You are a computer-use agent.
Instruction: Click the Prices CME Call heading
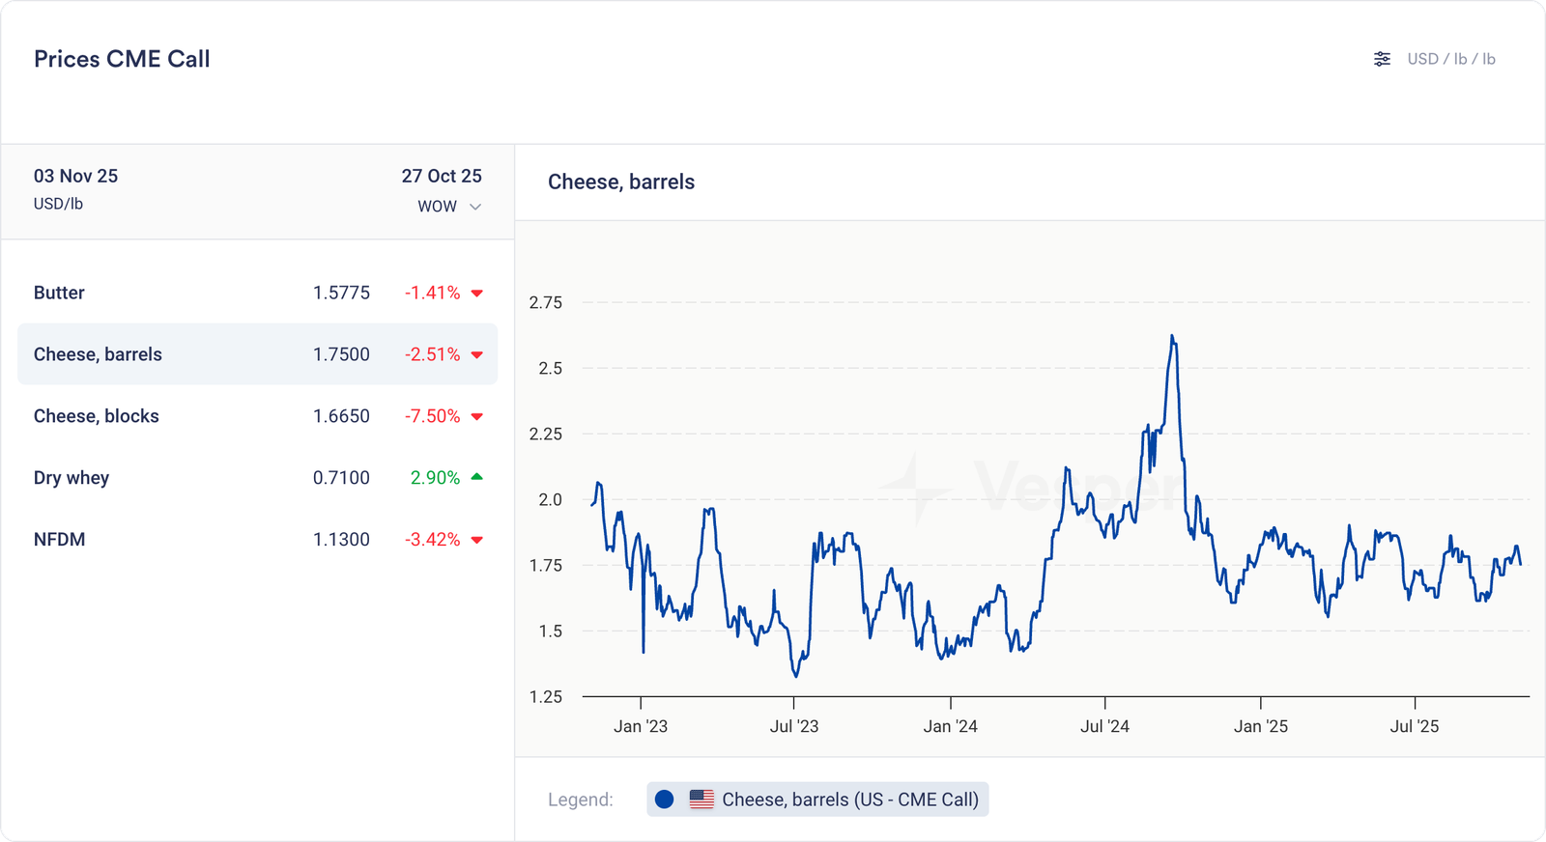tap(122, 59)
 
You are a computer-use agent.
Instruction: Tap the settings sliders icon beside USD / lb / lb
tap(1382, 59)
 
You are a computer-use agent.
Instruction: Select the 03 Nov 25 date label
tap(75, 176)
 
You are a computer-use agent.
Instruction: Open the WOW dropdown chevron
tap(475, 207)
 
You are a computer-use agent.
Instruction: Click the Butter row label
tap(59, 293)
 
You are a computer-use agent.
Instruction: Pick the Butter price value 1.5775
tap(341, 293)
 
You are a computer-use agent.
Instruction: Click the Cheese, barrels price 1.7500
tap(341, 354)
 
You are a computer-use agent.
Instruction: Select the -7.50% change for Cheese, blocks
tap(432, 416)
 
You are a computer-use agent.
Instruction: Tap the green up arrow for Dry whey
tap(476, 477)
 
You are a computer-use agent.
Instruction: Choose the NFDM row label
tap(59, 540)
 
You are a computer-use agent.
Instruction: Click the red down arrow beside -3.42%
tap(476, 540)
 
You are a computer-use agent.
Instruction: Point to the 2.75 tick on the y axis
tap(546, 302)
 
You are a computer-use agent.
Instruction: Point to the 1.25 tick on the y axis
tap(546, 696)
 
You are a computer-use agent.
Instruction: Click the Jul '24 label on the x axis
tap(1104, 726)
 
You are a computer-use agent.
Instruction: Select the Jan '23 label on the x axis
tap(641, 726)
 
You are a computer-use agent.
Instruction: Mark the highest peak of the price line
tap(1172, 336)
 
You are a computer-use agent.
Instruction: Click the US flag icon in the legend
tap(701, 800)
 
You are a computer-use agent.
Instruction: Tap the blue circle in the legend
tap(664, 800)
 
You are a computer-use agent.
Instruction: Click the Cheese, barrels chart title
tap(621, 182)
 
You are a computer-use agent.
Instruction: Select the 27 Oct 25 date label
tap(442, 176)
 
